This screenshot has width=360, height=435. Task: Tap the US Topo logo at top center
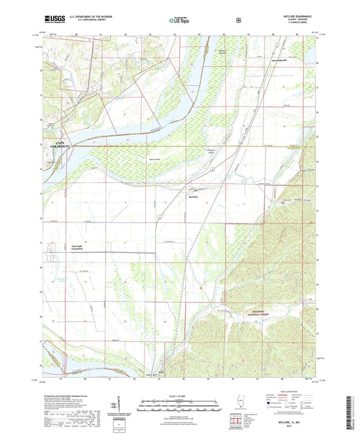(x=177, y=20)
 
